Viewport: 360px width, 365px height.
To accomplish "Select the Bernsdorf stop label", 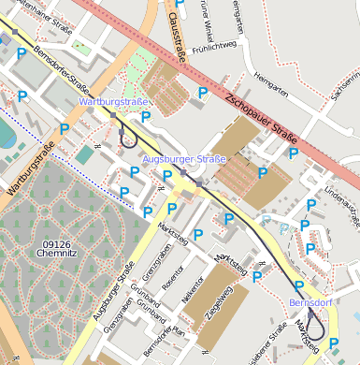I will pyautogui.click(x=310, y=305).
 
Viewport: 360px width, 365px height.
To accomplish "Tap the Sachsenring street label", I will pyautogui.click(x=346, y=85).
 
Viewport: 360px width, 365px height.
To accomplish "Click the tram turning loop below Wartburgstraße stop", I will pyautogui.click(x=128, y=139).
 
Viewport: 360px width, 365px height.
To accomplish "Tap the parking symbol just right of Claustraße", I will pyautogui.click(x=203, y=93).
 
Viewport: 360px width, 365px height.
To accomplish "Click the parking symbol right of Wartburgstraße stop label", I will pyautogui.click(x=146, y=117).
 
